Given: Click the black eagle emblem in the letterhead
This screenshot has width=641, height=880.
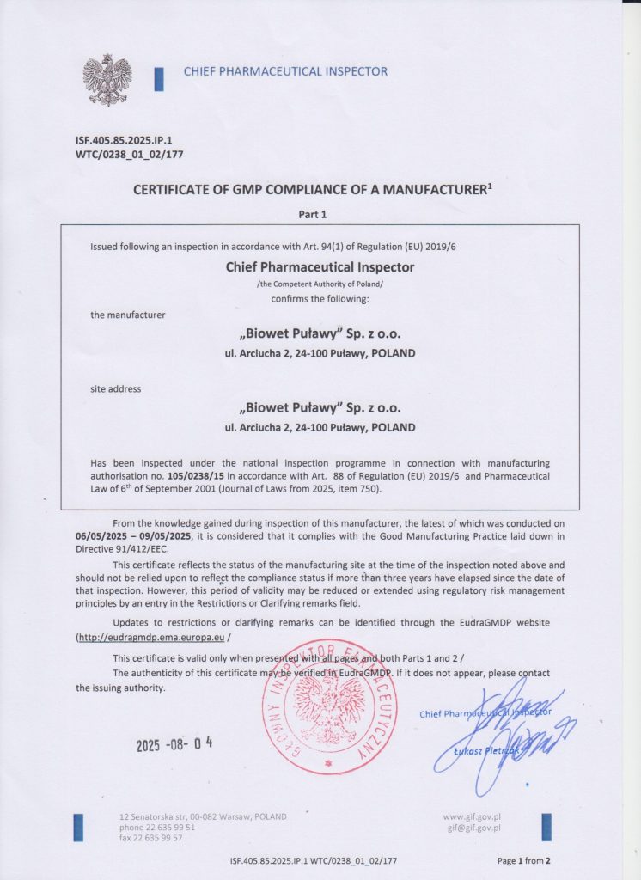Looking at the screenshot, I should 107,79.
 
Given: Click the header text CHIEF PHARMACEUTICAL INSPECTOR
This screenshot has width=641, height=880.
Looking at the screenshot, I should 285,72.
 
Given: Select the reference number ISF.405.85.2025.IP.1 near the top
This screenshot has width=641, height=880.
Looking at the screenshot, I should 131,139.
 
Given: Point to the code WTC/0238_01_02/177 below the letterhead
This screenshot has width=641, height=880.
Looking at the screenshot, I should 131,155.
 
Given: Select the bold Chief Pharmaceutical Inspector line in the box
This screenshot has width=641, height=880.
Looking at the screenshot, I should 320,267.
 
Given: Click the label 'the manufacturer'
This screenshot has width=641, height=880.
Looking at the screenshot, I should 128,315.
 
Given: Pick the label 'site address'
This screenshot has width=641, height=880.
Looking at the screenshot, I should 116,388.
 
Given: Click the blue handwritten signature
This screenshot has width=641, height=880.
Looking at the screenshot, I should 516,726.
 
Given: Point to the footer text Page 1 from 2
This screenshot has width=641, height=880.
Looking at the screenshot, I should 522,860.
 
